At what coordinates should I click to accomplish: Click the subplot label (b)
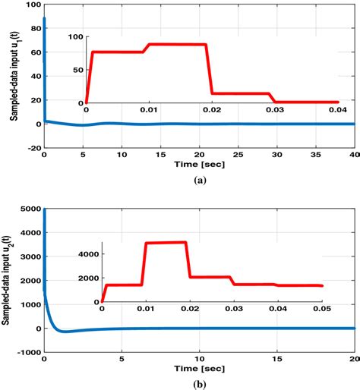199,385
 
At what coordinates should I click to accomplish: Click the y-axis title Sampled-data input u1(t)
14,74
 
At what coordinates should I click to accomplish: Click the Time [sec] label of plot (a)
199,163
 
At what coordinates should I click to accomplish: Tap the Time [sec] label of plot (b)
199,368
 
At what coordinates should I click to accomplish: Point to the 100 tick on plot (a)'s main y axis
32,5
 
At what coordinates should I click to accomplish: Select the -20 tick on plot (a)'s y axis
32,148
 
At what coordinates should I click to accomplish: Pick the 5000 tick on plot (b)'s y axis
29,209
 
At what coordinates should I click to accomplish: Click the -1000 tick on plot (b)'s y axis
29,352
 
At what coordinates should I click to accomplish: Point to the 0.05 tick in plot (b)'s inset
322,310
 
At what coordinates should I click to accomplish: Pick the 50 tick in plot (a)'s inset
79,70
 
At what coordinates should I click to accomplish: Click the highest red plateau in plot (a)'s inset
178,45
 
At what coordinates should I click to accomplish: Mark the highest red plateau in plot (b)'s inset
166,243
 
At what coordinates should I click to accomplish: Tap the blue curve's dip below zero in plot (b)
67,332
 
